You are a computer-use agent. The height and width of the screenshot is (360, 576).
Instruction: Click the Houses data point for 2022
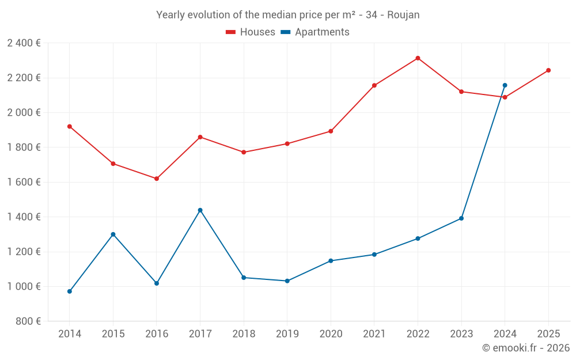click(x=418, y=58)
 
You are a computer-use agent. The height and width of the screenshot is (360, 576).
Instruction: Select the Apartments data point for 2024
click(x=505, y=85)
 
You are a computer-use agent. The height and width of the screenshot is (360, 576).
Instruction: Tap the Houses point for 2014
click(x=70, y=126)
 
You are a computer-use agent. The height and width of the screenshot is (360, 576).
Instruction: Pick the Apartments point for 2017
click(x=200, y=210)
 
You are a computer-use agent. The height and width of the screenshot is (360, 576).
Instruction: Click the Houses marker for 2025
click(x=548, y=70)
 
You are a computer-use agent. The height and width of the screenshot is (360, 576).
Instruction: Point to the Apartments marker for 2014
click(x=70, y=291)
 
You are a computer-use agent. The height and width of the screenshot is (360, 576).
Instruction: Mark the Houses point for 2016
click(x=157, y=179)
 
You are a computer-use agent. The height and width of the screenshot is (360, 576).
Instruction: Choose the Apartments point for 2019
click(x=287, y=281)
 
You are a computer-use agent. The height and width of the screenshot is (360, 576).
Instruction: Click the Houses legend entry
click(x=251, y=32)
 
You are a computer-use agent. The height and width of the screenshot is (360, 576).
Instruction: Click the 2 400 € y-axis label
click(x=24, y=43)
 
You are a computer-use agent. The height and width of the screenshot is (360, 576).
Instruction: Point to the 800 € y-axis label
click(x=28, y=321)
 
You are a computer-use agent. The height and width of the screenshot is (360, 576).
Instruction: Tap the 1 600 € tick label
click(x=24, y=182)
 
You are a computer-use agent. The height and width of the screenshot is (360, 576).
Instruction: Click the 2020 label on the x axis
click(x=331, y=334)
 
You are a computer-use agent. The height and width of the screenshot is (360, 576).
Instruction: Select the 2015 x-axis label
click(x=113, y=334)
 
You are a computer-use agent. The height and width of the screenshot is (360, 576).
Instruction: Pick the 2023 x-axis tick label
click(x=461, y=334)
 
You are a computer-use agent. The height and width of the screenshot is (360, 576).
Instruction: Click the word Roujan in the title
click(x=403, y=15)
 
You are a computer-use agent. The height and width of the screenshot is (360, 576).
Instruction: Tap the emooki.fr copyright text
click(x=525, y=348)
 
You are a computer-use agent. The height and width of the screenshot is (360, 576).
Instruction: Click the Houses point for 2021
click(x=374, y=85)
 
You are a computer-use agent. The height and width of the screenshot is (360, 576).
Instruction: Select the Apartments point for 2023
click(x=461, y=218)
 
